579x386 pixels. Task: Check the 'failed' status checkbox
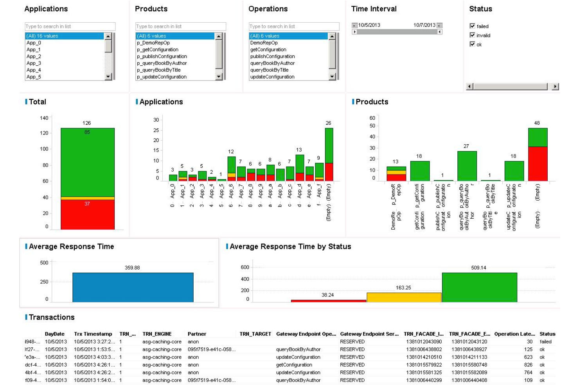pyautogui.click(x=472, y=26)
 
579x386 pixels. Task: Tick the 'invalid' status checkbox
pyautogui.click(x=472, y=35)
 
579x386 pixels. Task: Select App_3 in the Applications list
pyautogui.click(x=34, y=63)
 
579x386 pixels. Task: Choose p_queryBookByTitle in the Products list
pyautogui.click(x=159, y=70)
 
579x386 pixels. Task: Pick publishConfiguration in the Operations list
pyautogui.click(x=272, y=56)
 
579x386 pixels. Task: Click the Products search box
pyautogui.click(x=180, y=27)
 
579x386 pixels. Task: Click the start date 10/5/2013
pyautogui.click(x=369, y=25)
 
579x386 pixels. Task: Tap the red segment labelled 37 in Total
pyautogui.click(x=87, y=214)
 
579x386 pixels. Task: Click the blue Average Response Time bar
pyautogui.click(x=133, y=287)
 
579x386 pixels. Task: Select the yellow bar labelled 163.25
pyautogui.click(x=404, y=297)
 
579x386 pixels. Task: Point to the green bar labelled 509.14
pyautogui.click(x=479, y=287)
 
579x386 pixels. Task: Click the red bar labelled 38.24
pyautogui.click(x=328, y=301)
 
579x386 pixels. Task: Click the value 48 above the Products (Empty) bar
pyautogui.click(x=537, y=123)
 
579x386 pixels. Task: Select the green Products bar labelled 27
pyautogui.click(x=467, y=166)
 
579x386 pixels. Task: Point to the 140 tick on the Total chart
pyautogui.click(x=44, y=118)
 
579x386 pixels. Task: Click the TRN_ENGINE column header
pyautogui.click(x=157, y=334)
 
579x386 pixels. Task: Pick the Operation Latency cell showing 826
pyautogui.click(x=528, y=365)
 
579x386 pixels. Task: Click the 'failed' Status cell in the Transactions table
pyautogui.click(x=545, y=342)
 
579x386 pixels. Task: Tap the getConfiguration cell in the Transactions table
pyautogui.click(x=294, y=365)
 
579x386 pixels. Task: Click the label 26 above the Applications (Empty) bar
pyautogui.click(x=328, y=123)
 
